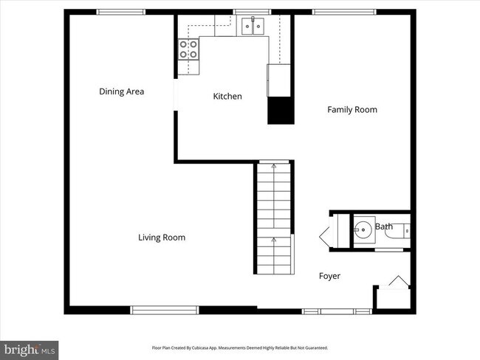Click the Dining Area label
pos(122,91)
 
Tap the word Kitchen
pos(227,97)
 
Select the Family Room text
pos(352,110)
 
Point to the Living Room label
pos(162,238)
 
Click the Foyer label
pos(329,276)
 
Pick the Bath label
pos(384,226)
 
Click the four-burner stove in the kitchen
pos(188,49)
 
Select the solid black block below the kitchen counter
pos(281,111)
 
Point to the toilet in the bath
pos(402,231)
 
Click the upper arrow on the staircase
pos(274,167)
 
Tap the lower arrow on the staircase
pos(274,240)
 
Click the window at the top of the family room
pos(343,12)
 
